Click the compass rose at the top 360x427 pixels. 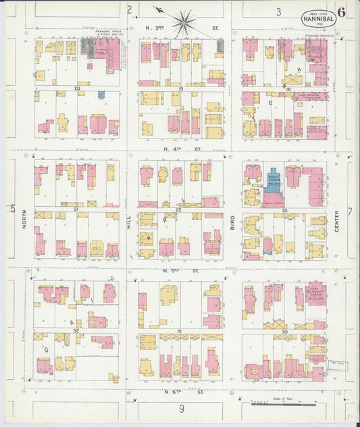(183, 22)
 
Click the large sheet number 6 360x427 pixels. (342, 11)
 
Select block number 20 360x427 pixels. (78, 89)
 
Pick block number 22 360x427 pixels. (178, 210)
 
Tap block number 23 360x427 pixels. (285, 211)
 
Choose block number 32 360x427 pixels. (76, 330)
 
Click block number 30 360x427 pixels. (284, 332)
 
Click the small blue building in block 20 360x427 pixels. (101, 95)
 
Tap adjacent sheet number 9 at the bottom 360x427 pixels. (182, 408)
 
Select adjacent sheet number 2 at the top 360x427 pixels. (129, 9)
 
